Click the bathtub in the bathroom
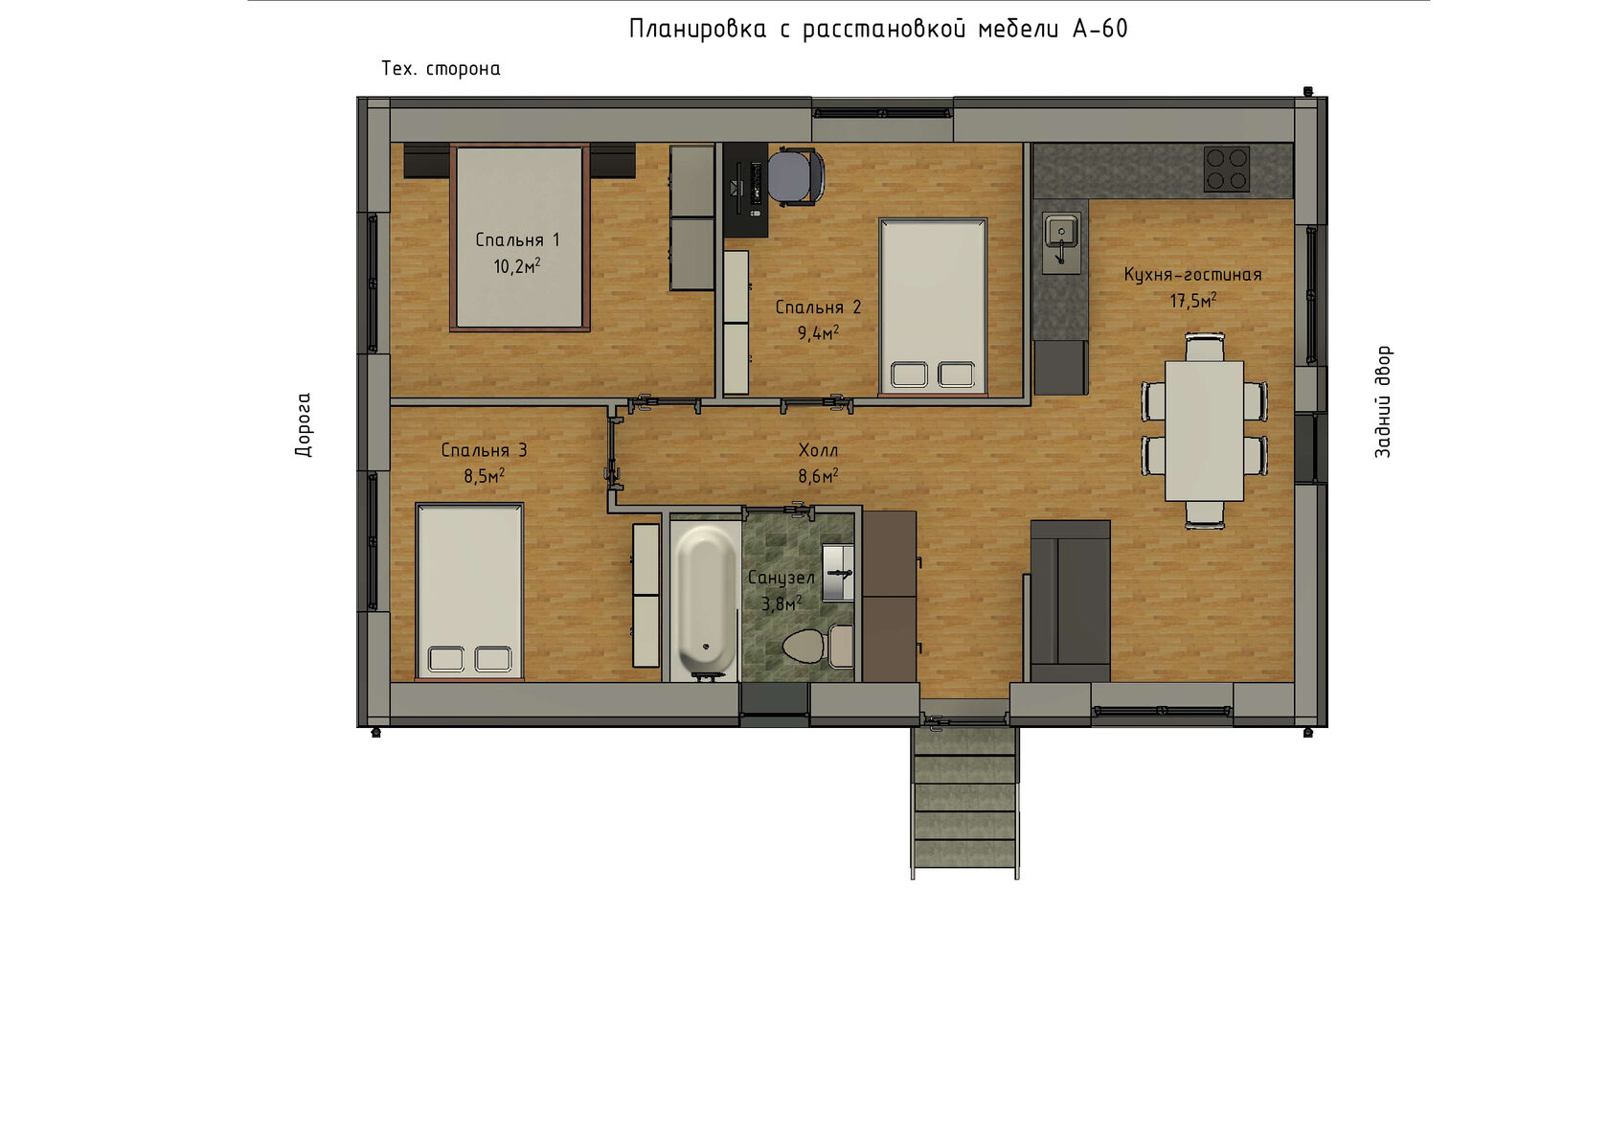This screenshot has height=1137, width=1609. coord(707,601)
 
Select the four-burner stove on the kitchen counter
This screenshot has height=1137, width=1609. coord(1226,170)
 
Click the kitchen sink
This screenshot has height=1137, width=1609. coord(1061,242)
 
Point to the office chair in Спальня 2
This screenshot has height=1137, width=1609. coord(796,177)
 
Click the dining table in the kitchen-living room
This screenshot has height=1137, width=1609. coord(1204,431)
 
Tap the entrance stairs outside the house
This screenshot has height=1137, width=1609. coord(964,802)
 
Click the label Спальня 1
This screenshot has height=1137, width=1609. coord(517,239)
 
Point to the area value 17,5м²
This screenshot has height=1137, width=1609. coord(1193,300)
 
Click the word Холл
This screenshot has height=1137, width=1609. coord(818,450)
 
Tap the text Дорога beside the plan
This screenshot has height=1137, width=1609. coord(304,424)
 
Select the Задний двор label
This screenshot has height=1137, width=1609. coord(1383,402)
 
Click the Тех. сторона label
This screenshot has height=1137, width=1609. coord(441,69)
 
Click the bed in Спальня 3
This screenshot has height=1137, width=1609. coord(469,591)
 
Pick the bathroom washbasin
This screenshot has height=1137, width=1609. coord(837,573)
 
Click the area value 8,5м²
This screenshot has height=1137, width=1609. coord(484,475)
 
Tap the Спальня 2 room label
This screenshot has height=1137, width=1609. coord(818,307)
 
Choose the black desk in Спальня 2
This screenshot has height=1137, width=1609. coord(745,190)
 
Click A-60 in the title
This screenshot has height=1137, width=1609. coord(1100,29)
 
